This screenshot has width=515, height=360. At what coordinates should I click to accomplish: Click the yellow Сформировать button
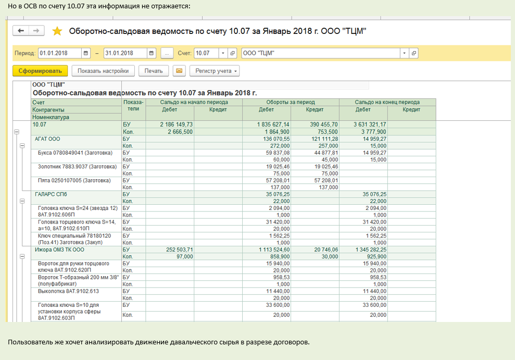click(x=40, y=71)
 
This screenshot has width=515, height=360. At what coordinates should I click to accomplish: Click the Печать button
click(x=154, y=71)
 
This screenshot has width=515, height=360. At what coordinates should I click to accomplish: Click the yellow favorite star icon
click(x=57, y=31)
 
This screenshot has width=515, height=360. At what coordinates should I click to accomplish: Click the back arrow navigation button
click(x=21, y=31)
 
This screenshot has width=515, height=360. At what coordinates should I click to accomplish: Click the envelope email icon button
click(x=179, y=71)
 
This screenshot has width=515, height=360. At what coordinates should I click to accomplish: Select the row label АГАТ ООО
click(x=47, y=139)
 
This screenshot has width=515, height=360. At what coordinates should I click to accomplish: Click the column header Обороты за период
click(x=291, y=102)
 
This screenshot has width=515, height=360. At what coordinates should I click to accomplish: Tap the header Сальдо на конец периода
click(x=387, y=102)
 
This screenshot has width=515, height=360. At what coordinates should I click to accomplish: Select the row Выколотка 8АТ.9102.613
click(x=69, y=291)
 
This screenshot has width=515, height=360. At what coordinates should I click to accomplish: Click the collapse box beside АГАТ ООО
click(x=22, y=146)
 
